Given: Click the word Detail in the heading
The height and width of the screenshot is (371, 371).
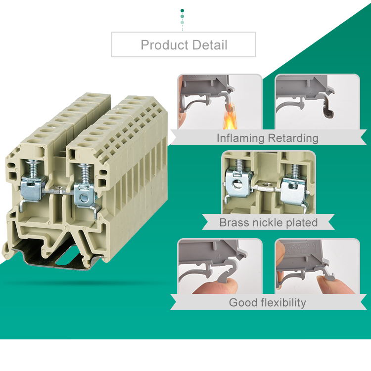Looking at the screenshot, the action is pos(210,45).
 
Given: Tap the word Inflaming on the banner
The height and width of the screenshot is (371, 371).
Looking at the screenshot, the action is pos(240,138).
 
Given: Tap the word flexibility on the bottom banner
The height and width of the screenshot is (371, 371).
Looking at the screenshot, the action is pos(283,303).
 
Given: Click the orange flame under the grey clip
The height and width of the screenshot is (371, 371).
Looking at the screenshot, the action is pos(230,117).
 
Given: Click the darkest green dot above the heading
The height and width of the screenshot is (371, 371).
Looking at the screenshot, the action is pos(182,11).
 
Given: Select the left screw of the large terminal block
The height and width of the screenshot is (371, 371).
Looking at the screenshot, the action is pos(33,168).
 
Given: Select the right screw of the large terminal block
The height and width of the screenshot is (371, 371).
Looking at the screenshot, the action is pos(85,174).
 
